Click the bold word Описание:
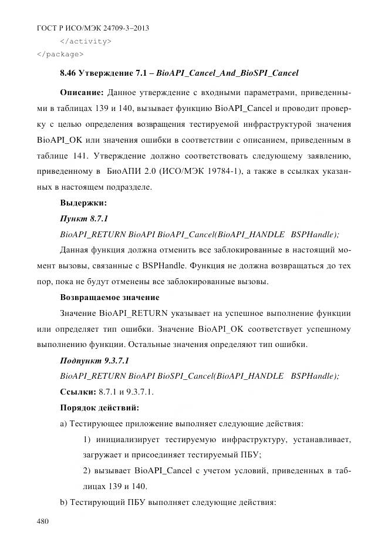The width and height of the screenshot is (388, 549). pyautogui.click(x=82, y=93)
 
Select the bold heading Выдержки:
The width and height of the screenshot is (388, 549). pyautogui.click(x=83, y=203)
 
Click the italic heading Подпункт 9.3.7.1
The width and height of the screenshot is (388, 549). pyautogui.click(x=95, y=360)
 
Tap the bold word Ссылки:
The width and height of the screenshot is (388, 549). pyautogui.click(x=79, y=391)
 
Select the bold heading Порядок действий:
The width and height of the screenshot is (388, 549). pyautogui.click(x=99, y=407)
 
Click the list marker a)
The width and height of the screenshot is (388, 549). pyautogui.click(x=63, y=423)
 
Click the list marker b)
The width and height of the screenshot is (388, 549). pyautogui.click(x=64, y=503)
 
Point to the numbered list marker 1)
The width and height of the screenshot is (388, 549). pyautogui.click(x=86, y=439)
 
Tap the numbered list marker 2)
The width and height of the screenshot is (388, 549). pyautogui.click(x=86, y=470)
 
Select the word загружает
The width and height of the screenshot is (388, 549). pyautogui.click(x=100, y=454)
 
